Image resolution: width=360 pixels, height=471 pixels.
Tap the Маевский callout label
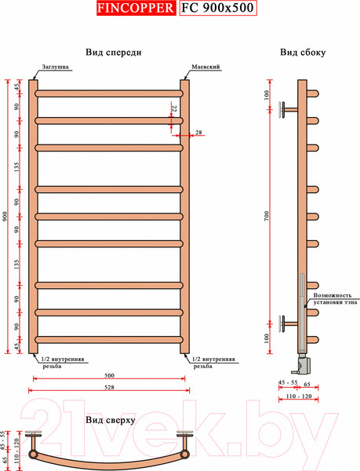202,68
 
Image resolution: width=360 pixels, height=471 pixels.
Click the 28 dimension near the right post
198,133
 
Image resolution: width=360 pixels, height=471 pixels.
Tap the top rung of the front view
108,93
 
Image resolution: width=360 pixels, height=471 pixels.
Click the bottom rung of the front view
108,339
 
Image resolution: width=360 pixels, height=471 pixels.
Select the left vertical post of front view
34,216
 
